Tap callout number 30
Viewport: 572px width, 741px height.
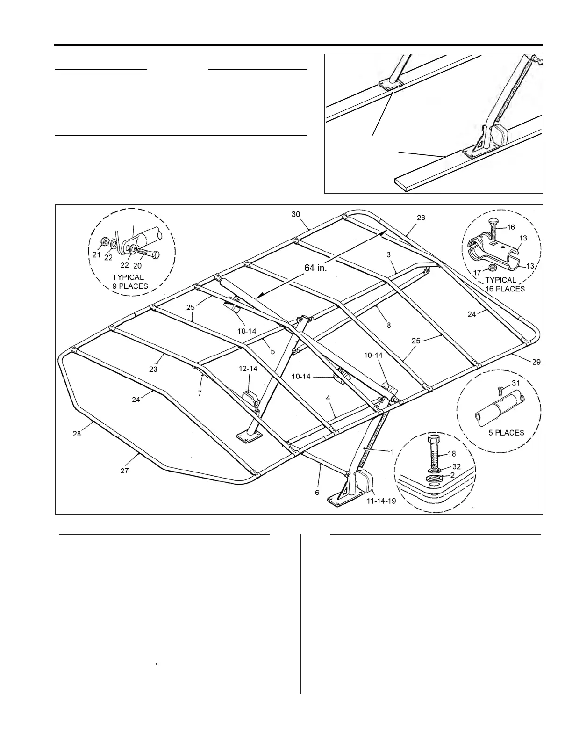[x=296, y=214]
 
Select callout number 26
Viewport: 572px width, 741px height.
[x=421, y=218]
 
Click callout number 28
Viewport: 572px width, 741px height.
[x=77, y=434]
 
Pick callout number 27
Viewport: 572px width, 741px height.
[x=124, y=471]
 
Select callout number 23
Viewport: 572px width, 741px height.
[x=153, y=369]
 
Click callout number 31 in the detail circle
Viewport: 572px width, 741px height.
[x=515, y=383]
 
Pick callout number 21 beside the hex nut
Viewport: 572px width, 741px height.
[x=96, y=255]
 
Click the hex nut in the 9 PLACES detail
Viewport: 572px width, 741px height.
[x=105, y=242]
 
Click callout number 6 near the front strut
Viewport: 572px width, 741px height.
[x=317, y=493]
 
